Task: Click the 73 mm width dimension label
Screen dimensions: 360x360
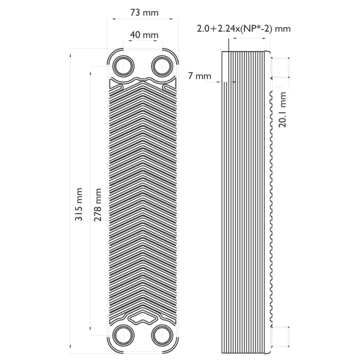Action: click(144, 12)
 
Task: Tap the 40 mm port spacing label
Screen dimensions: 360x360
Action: click(144, 35)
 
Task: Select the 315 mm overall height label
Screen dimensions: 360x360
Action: click(79, 204)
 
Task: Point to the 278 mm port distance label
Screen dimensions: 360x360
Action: click(98, 204)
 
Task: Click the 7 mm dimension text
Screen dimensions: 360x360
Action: click(199, 76)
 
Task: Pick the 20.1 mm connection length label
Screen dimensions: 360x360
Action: click(282, 109)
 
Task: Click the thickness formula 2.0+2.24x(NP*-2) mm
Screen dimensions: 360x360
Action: click(244, 28)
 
